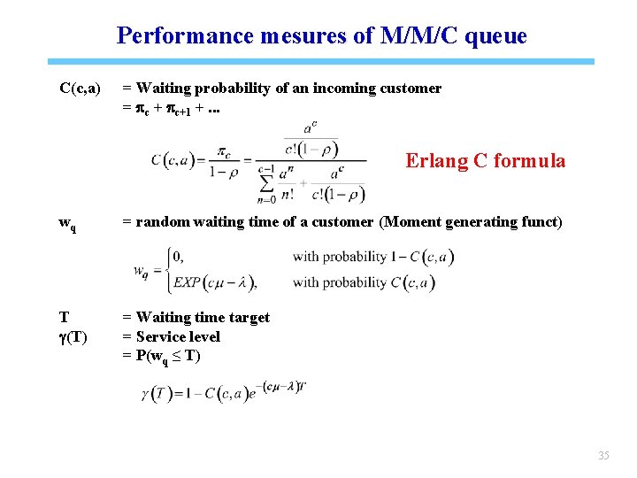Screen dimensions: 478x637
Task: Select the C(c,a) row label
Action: coord(80,89)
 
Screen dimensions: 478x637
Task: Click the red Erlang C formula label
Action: coord(485,160)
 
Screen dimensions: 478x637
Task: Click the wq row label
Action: coord(67,223)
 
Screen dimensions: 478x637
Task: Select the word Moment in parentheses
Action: coord(416,221)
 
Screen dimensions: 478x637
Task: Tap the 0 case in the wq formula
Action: coord(178,257)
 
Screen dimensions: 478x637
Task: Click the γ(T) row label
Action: coord(73,336)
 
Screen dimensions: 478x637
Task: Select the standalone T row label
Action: coord(64,317)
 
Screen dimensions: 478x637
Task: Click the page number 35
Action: coord(603,456)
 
